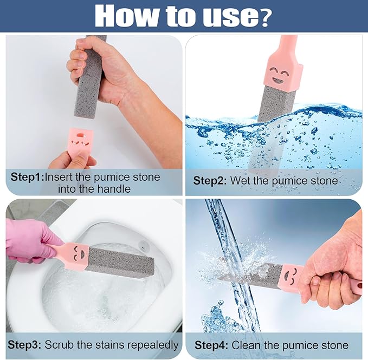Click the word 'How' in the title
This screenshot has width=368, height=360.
click(x=131, y=16)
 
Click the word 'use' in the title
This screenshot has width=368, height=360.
click(x=230, y=17)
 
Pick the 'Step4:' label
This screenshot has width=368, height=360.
click(x=212, y=345)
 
